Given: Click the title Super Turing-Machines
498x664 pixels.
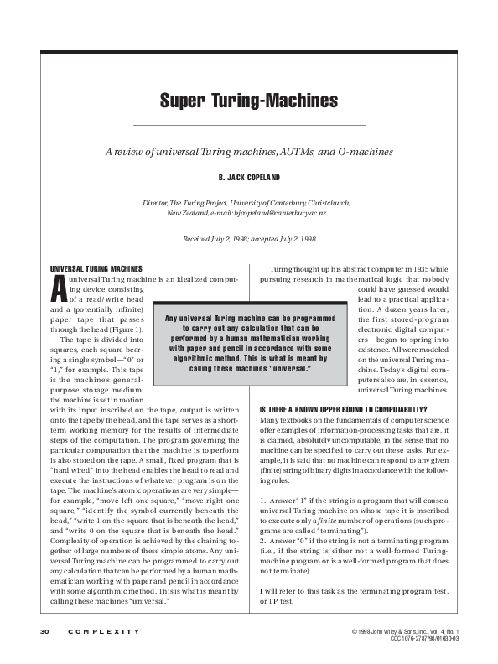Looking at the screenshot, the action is pos(249,101).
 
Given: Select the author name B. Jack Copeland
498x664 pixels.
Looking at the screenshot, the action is pos(249,178).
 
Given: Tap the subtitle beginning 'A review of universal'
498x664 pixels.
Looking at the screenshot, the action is pos(249,152).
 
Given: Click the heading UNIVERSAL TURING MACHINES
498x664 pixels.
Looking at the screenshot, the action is pos(96,267).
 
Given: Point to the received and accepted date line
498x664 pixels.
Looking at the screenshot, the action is pos(249,239).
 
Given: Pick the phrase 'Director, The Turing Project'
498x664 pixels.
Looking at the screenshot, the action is pos(182,204).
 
